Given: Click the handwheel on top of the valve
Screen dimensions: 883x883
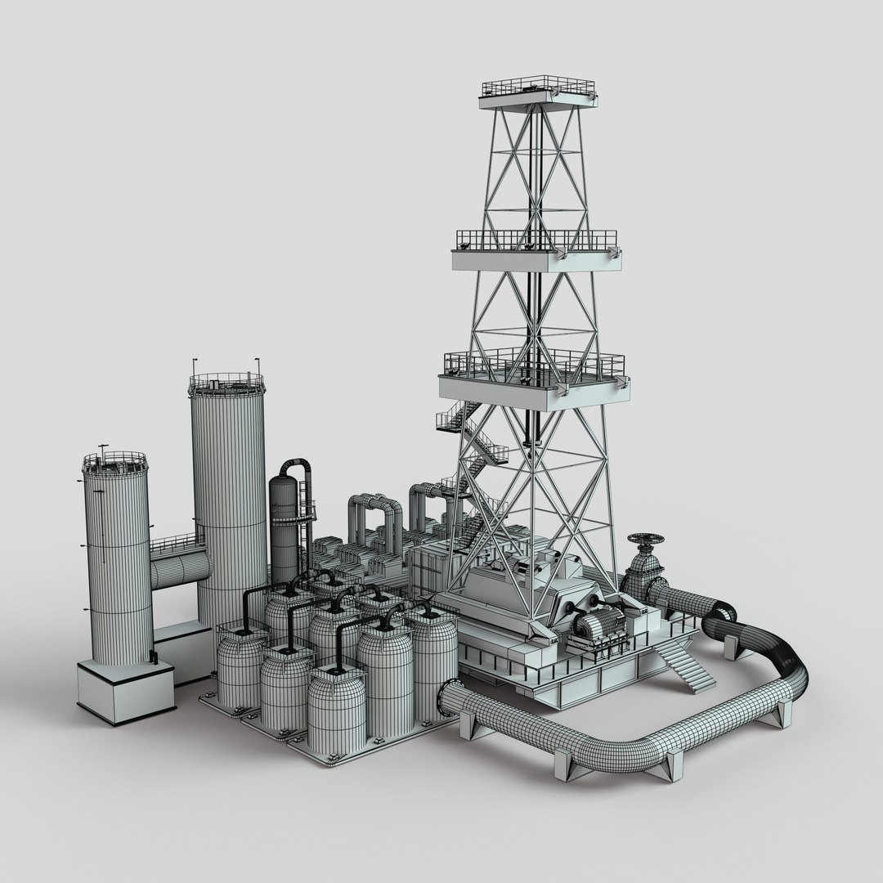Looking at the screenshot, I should [646, 540].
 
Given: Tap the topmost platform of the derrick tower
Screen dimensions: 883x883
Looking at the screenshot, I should [537, 96].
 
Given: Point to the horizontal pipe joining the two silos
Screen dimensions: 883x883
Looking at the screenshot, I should [177, 570].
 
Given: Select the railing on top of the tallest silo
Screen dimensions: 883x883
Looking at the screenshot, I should [226, 382].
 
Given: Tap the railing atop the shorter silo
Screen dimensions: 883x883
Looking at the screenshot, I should [114, 463].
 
